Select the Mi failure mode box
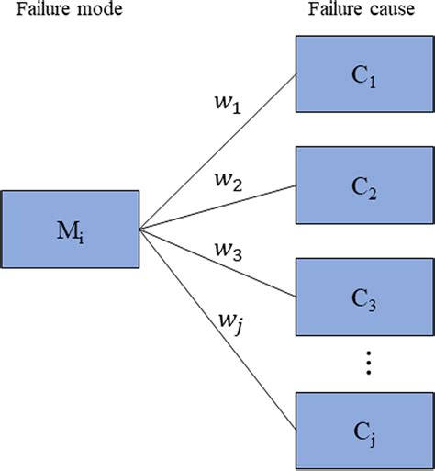pos(69,228)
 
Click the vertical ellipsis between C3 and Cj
pos(365,364)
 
